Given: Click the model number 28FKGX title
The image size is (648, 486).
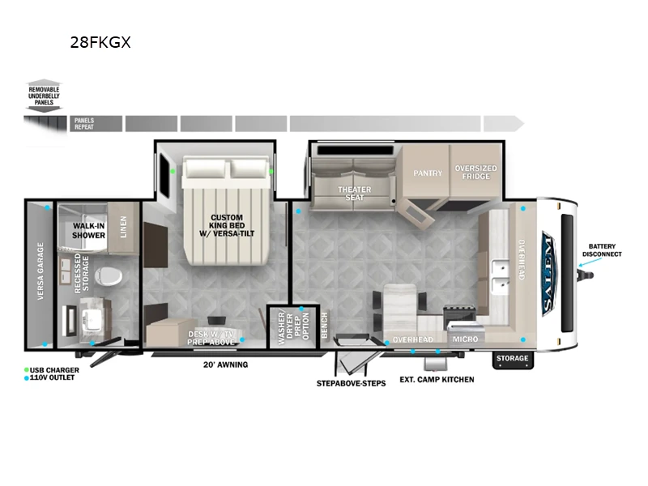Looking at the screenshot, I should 100,42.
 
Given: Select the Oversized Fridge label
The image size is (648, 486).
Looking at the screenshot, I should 475,173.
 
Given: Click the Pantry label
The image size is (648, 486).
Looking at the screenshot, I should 427,173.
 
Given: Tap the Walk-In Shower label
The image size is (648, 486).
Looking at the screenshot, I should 89,230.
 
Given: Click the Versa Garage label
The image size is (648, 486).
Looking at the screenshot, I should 39,272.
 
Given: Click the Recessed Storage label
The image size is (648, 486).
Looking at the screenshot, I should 81,272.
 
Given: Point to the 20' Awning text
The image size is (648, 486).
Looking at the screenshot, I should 225,364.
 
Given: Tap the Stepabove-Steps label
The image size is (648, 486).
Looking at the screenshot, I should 351,382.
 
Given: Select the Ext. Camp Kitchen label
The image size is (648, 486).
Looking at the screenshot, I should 436,379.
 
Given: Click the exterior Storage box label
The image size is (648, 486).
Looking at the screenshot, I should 512,358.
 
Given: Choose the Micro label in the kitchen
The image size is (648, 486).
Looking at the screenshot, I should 464,339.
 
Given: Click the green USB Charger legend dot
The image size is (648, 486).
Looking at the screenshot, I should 27,370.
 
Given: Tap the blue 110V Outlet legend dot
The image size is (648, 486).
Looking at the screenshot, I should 27,378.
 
